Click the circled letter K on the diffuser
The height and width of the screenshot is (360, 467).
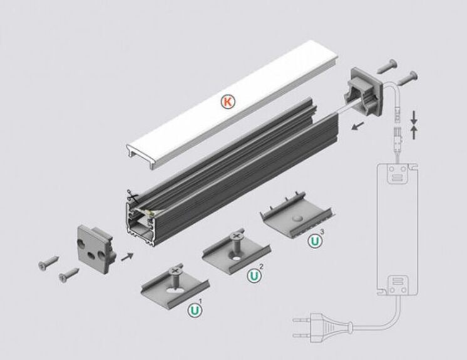228,102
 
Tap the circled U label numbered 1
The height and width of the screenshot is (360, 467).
195,310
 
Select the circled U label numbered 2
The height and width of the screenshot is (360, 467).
254,275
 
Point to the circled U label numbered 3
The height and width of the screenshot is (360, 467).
315,240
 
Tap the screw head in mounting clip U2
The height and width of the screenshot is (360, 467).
236,235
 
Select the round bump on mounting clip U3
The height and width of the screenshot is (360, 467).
297,219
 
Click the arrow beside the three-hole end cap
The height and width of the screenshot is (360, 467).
127,256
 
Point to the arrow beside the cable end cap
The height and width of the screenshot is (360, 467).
357,126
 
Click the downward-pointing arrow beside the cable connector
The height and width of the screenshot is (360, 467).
414,118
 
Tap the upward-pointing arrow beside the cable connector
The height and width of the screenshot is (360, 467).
414,133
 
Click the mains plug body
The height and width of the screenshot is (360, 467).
331,329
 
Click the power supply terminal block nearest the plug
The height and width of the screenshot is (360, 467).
398,285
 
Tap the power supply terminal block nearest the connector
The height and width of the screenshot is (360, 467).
398,173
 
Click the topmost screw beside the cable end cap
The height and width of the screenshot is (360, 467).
387,66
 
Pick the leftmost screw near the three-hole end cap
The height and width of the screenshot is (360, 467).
48,262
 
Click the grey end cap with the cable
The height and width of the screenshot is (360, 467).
362,92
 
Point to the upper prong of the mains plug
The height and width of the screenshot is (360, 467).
302,321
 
